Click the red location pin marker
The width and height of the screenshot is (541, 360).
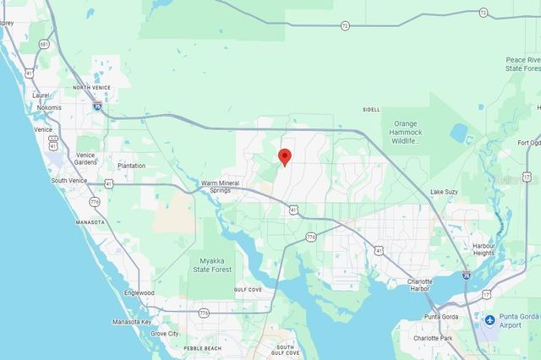point(285,156)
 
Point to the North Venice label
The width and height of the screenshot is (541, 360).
point(92,87)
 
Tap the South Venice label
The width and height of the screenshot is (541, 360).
point(70,180)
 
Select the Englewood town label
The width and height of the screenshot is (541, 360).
point(139,292)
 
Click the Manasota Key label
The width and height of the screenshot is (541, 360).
point(132,322)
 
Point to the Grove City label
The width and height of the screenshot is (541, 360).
point(165,334)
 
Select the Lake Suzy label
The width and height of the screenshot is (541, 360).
point(443,193)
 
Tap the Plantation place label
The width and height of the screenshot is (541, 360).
point(131,166)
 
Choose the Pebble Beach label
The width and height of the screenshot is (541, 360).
point(202,348)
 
